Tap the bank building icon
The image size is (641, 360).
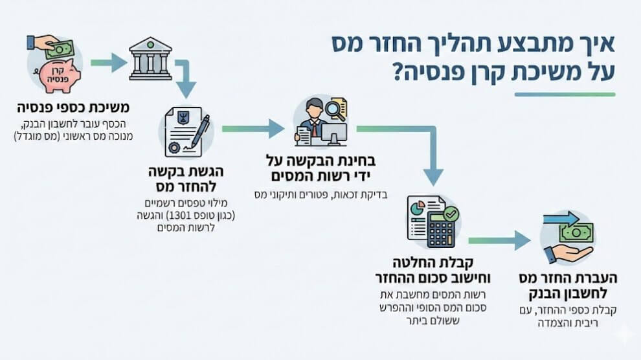tap(150, 59)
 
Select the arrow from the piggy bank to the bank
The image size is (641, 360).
tap(107, 63)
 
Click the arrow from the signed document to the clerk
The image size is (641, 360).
tap(253, 128)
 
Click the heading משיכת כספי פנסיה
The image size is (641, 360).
tap(73, 107)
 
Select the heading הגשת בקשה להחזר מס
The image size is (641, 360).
tap(188, 180)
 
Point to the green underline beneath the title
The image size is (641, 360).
tap(564, 95)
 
